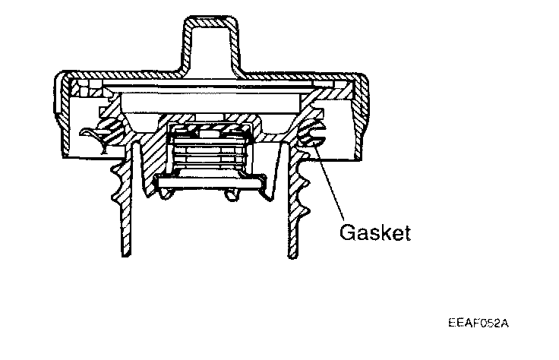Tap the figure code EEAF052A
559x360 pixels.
(x=479, y=322)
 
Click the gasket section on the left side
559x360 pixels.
(x=112, y=131)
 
